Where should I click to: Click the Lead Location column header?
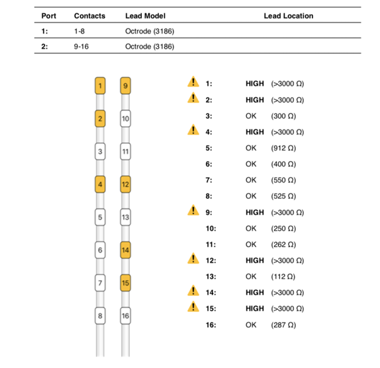(x=289, y=16)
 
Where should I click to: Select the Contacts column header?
(x=90, y=16)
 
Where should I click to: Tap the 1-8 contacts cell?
(x=79, y=31)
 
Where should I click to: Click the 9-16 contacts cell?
(x=81, y=46)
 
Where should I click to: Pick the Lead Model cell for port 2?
(x=150, y=46)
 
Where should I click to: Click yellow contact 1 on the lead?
(x=100, y=86)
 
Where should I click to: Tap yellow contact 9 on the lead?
(x=125, y=86)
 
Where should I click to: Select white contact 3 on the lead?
(x=100, y=151)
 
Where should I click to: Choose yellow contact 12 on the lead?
(x=125, y=184)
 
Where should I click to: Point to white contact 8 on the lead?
(x=100, y=316)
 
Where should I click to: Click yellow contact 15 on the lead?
(x=125, y=283)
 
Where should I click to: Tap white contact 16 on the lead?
(x=125, y=316)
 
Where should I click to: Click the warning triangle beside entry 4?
(x=193, y=130)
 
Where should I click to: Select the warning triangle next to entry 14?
(x=193, y=290)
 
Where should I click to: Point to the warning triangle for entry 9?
(x=193, y=211)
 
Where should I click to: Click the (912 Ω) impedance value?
(x=284, y=148)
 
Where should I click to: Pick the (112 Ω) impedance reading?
(x=283, y=276)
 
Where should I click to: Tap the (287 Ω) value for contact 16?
(x=284, y=325)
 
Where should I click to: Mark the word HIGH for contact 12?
(x=255, y=261)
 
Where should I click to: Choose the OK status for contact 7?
(x=251, y=180)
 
